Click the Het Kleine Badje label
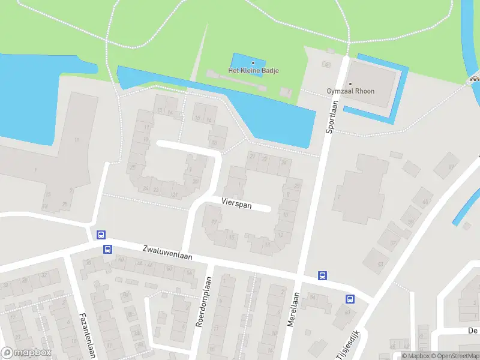point(253,71)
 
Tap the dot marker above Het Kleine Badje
point(253,62)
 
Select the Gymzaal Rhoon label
point(350,91)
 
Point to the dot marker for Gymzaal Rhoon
point(350,83)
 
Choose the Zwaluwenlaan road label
point(167,252)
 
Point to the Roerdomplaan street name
point(204,301)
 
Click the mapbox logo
point(26,353)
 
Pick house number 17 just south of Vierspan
point(214,222)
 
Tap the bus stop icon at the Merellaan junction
point(322,275)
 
